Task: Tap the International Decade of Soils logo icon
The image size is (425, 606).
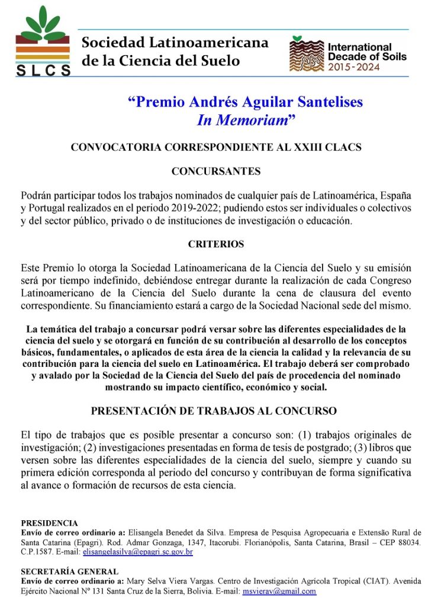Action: pyautogui.click(x=307, y=54)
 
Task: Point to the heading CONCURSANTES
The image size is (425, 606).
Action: pyautogui.click(x=216, y=172)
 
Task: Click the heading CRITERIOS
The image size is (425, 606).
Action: pyautogui.click(x=216, y=244)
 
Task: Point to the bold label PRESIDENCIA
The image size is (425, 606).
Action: pyautogui.click(x=49, y=523)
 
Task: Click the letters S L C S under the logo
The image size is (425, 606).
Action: pyautogui.click(x=43, y=70)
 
